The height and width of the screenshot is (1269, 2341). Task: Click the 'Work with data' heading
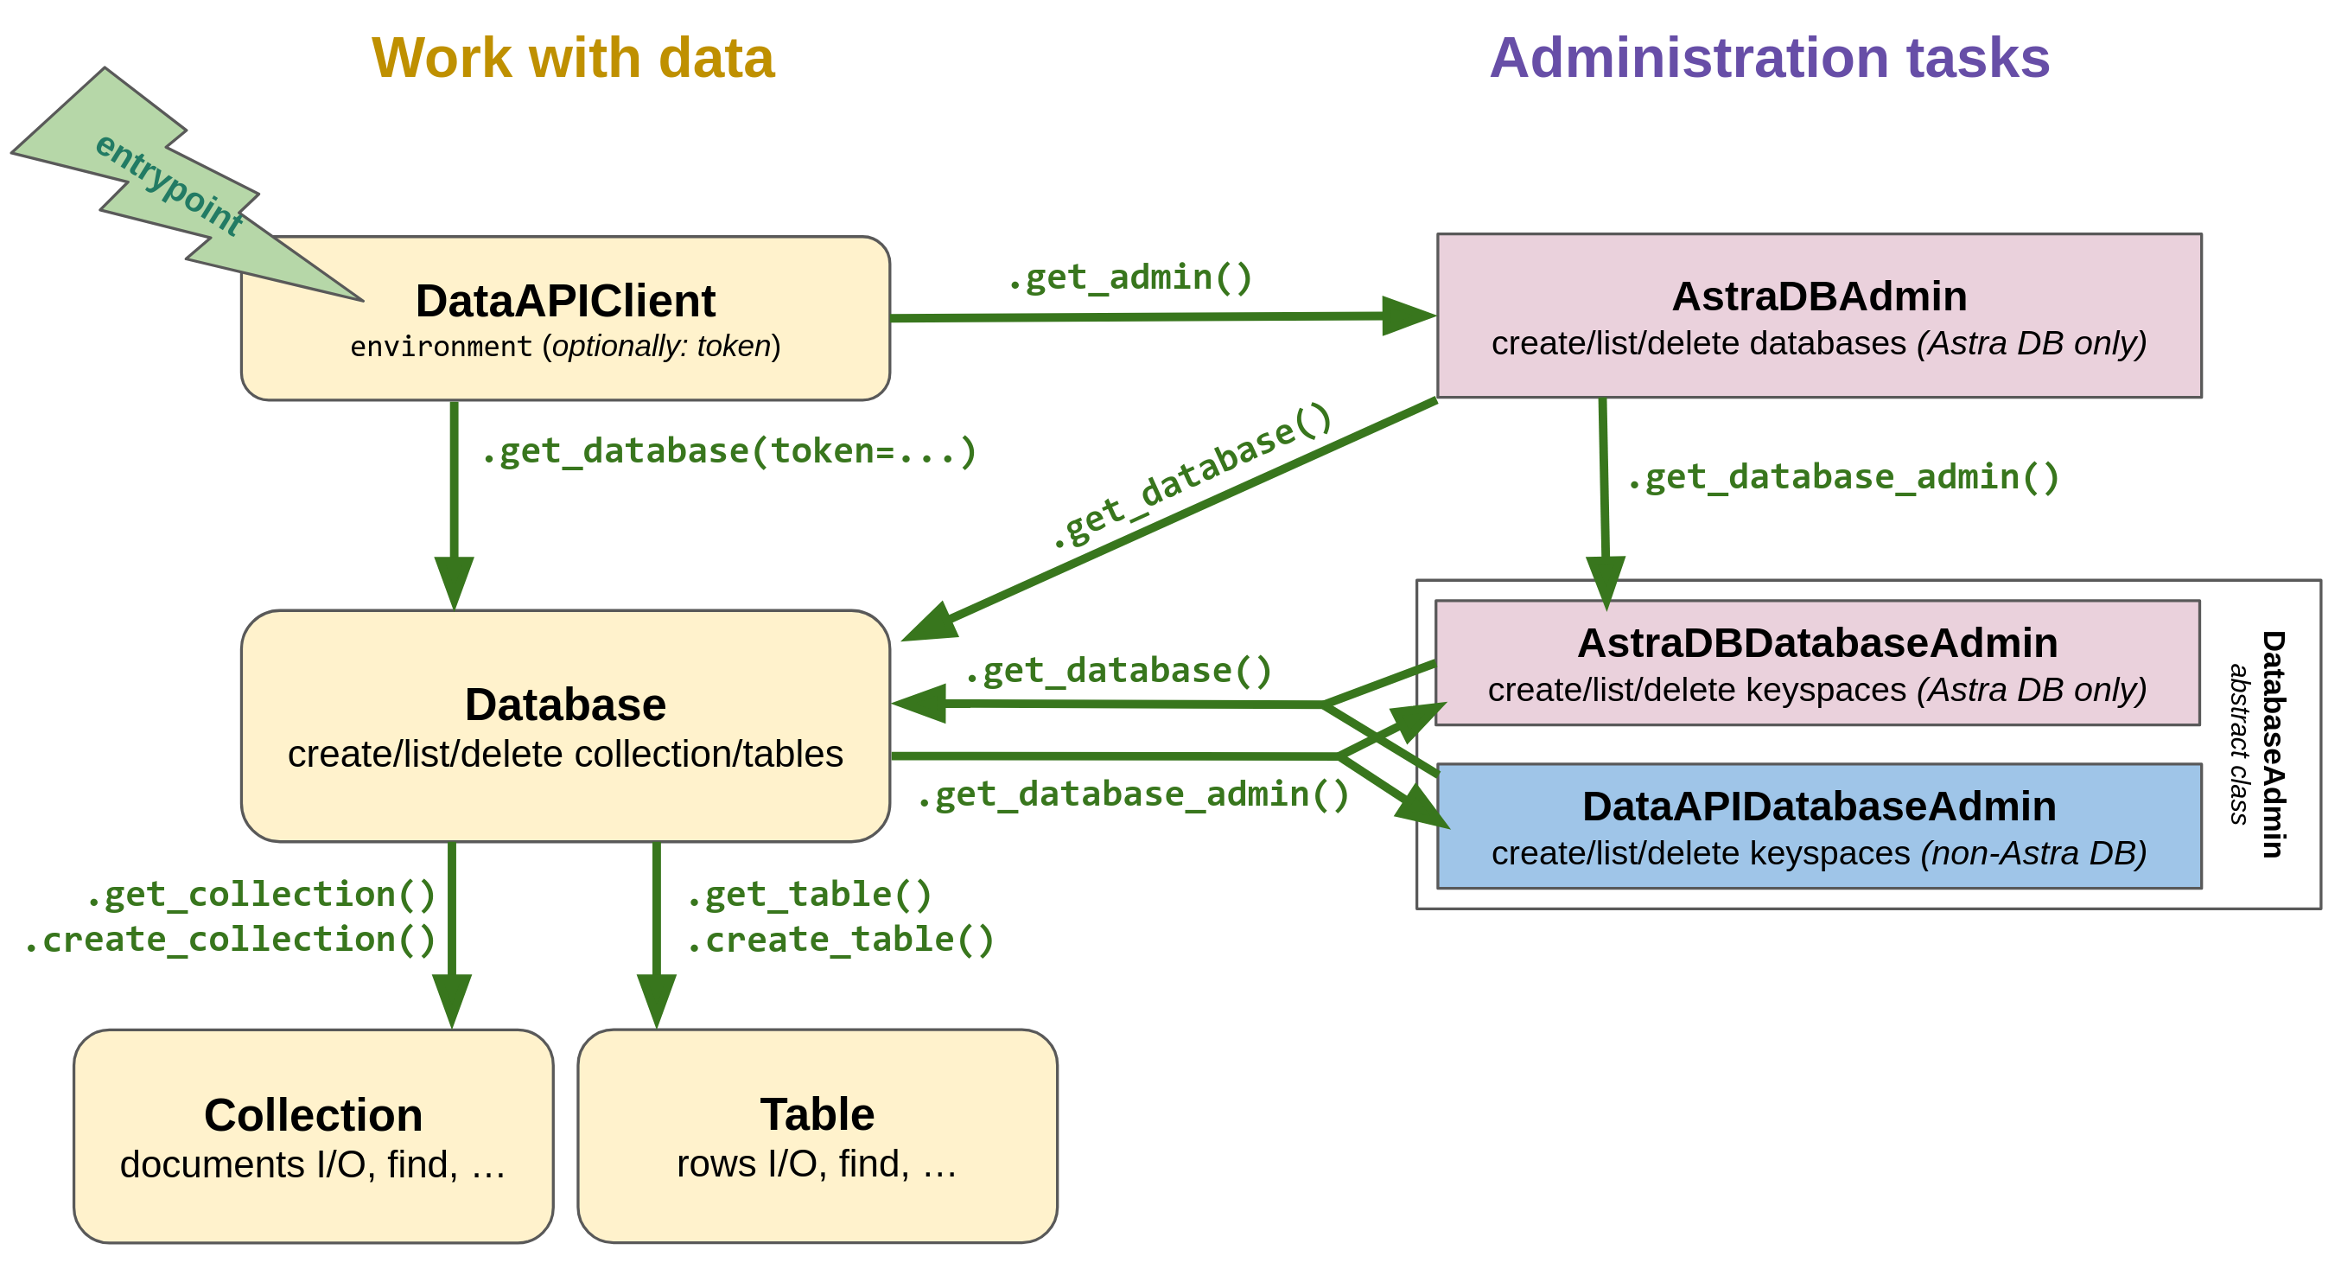click(573, 58)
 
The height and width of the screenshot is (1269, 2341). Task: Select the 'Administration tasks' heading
click(1768, 58)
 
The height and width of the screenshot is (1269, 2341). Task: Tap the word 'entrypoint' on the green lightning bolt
click(169, 184)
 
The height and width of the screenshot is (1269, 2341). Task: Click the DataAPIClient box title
click(565, 301)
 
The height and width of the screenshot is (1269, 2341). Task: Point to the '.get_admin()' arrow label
click(1129, 277)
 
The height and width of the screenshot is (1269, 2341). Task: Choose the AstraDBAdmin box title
click(1818, 297)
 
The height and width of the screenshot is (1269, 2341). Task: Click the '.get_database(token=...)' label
click(728, 452)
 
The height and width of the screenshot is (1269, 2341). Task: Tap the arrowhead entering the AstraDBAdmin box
click(1407, 316)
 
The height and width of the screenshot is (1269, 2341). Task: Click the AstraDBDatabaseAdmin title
click(1816, 644)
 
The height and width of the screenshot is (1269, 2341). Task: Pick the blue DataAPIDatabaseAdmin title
click(1818, 807)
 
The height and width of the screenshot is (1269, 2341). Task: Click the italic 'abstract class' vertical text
click(2237, 743)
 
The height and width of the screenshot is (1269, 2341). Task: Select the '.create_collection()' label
click(230, 940)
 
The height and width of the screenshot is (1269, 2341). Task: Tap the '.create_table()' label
click(841, 940)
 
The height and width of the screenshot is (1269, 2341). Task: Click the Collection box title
click(313, 1115)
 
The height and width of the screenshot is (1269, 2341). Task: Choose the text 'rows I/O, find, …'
click(817, 1164)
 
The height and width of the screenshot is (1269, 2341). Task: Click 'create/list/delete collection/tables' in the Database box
click(565, 755)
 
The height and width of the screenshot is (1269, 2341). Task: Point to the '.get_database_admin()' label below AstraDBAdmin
click(1843, 478)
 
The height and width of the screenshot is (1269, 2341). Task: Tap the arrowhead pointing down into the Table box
click(656, 1001)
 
